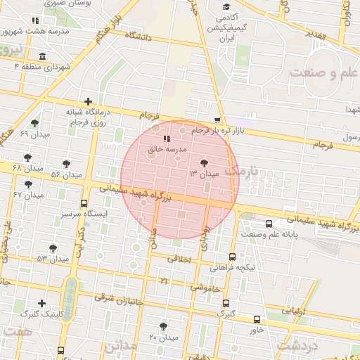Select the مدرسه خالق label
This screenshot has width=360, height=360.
167,150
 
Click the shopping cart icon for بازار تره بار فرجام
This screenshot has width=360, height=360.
218,121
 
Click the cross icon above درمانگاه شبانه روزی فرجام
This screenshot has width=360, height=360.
88,101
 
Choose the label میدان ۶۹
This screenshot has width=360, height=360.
34,134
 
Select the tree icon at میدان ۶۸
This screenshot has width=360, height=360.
27,157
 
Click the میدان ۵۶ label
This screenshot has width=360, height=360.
66,174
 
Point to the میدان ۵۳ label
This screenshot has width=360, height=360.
53,259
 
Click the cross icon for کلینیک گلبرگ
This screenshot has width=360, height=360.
41,304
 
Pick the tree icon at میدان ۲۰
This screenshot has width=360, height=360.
164,326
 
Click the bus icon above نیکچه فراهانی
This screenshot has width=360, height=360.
233,257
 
